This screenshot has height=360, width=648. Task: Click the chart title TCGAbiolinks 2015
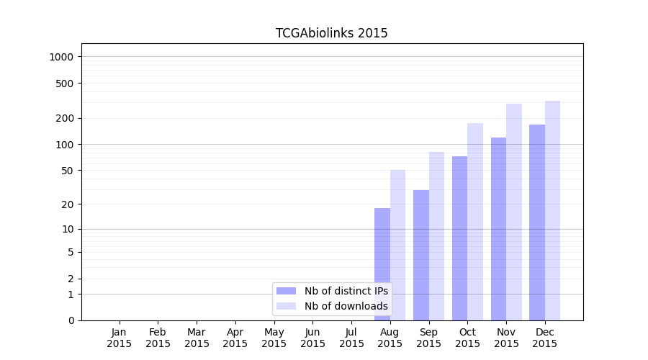tap(331, 33)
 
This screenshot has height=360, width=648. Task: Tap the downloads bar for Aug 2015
tap(397, 245)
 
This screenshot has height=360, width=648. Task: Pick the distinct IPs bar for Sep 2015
tap(421, 255)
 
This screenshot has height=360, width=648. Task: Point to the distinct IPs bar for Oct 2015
tap(460, 238)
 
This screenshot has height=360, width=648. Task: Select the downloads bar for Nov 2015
tap(514, 212)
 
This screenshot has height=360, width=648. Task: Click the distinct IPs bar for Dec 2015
tap(537, 222)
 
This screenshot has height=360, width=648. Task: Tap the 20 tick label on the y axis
tap(67, 204)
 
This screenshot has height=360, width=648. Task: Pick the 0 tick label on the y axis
tap(71, 320)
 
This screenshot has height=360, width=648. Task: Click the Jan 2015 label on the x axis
tap(120, 338)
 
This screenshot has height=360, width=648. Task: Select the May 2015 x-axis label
tap(274, 338)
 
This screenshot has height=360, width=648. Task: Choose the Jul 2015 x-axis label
tap(351, 338)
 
